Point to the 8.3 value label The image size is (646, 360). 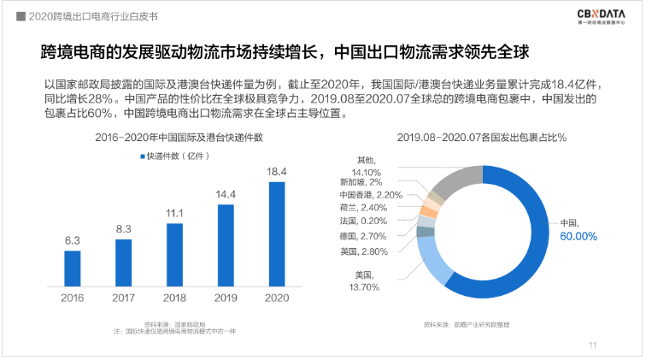(124, 228)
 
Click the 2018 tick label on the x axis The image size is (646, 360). (175, 298)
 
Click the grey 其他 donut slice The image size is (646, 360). (457, 178)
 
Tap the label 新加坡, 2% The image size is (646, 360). (367, 181)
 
